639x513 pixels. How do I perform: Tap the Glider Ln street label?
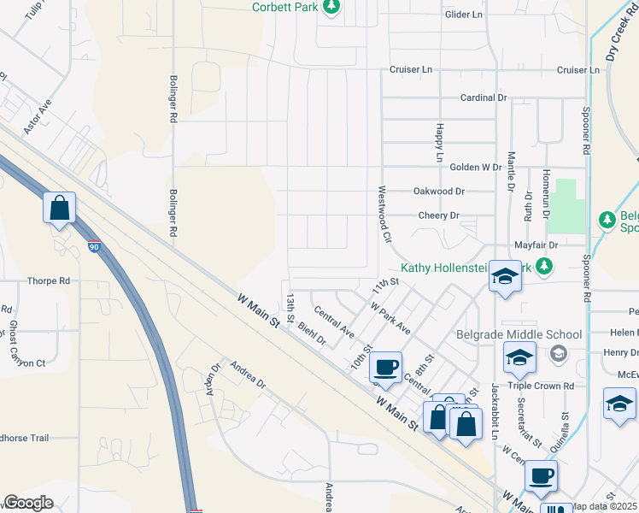point(464,15)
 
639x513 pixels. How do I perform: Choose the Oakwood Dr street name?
point(439,192)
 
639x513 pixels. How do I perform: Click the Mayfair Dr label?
point(536,245)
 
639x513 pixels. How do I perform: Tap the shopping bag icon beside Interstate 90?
point(60,208)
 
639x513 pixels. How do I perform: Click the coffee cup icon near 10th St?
point(385,366)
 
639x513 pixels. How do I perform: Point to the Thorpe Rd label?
point(48,280)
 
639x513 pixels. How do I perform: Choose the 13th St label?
point(290,307)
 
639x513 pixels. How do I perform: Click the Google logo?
point(28,503)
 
